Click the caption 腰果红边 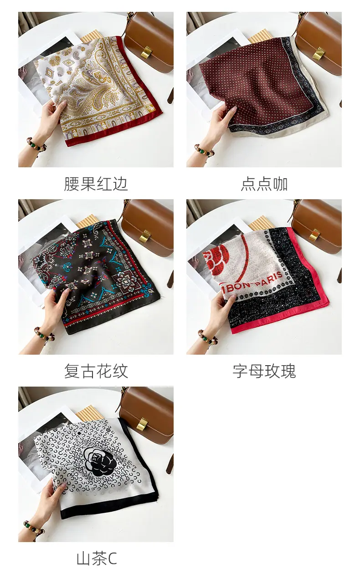(96, 184)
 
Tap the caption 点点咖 (264, 184)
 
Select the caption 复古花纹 (96, 371)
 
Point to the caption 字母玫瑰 (264, 371)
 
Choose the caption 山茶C (97, 559)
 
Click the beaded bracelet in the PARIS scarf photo (208, 337)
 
